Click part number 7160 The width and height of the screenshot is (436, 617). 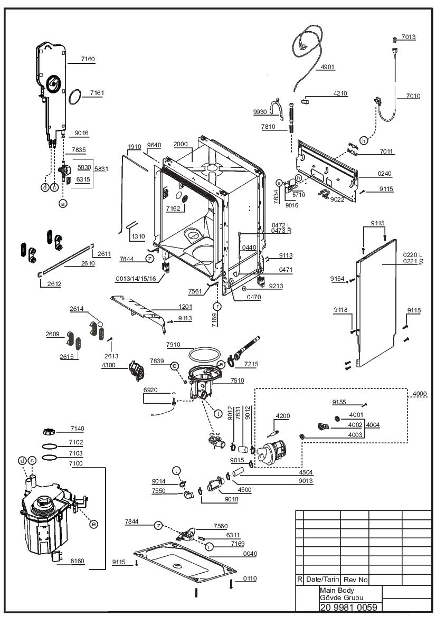[x=88, y=59]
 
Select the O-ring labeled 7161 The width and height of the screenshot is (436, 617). [x=75, y=97]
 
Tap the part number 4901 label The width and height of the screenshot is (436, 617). [x=327, y=67]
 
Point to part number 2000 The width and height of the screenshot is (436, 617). [x=181, y=144]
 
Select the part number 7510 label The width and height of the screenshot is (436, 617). [x=237, y=381]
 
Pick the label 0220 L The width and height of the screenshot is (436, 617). [x=412, y=255]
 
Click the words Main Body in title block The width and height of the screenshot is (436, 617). [x=337, y=590]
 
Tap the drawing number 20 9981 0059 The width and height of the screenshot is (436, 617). [x=349, y=607]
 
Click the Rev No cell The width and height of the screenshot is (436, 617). [x=355, y=580]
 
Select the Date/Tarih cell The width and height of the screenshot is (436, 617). [x=323, y=579]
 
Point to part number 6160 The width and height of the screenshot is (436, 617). [x=77, y=561]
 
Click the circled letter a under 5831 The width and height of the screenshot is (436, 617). [x=63, y=203]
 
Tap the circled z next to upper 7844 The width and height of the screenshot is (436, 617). [x=149, y=259]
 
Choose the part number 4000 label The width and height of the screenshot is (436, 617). [x=420, y=394]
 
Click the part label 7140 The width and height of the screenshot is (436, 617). [x=77, y=429]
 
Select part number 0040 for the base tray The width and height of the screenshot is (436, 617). [x=250, y=554]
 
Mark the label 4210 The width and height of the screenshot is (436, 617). [x=340, y=93]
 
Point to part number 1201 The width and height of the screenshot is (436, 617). [x=185, y=307]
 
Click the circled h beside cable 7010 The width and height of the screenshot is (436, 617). [x=364, y=140]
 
